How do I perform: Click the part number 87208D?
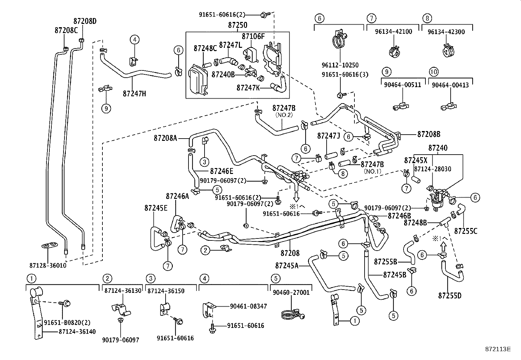coord(85,21)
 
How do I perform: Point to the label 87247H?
coord(134,94)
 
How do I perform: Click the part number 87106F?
coord(253,36)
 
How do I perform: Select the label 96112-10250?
coord(340,66)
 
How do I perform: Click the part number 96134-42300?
coord(447,32)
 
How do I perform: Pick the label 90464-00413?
coord(450,85)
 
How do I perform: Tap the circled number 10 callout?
coord(434,72)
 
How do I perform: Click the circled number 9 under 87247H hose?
coord(106,108)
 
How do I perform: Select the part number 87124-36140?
coord(77,332)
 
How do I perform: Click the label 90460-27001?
coord(291,293)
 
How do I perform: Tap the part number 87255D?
coord(450,296)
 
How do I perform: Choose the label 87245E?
coord(156,208)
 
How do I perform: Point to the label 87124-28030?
coord(433,169)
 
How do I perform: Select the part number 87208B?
coord(429,134)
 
